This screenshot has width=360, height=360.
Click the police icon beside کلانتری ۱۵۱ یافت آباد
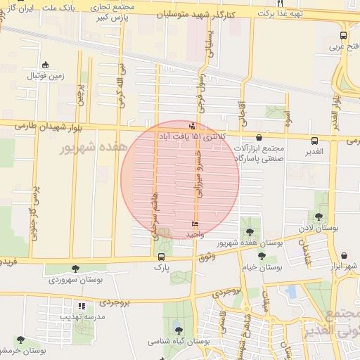pos(193,126)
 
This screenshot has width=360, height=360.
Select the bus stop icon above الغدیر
pos(314,139)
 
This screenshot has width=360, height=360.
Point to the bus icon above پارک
pos(162,257)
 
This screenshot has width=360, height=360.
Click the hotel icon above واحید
pos(194,224)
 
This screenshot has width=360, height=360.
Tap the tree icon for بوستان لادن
pos(320,217)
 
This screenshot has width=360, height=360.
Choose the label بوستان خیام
pos(262,268)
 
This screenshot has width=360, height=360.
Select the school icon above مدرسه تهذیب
pos(82,307)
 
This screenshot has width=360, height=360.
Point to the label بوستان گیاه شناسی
pos(177,341)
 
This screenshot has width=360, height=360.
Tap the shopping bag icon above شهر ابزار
pos(344,256)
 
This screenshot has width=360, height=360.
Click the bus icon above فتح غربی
pos(343,35)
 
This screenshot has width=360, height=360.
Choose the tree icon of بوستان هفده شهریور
pos(250,232)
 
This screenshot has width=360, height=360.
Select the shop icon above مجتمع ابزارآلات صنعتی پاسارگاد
pos(260,139)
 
